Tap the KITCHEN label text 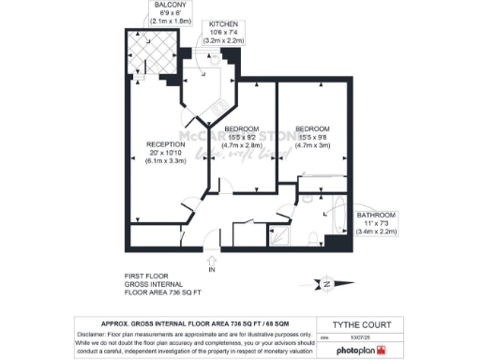pyautogui.click(x=224, y=23)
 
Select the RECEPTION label pyautogui.click(x=166, y=143)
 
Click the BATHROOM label pyautogui.click(x=377, y=216)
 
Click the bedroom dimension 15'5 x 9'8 pyautogui.click(x=313, y=138)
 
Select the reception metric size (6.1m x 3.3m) pyautogui.click(x=166, y=161)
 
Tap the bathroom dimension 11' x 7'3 pyautogui.click(x=377, y=224)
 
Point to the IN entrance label pyautogui.click(x=212, y=270)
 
